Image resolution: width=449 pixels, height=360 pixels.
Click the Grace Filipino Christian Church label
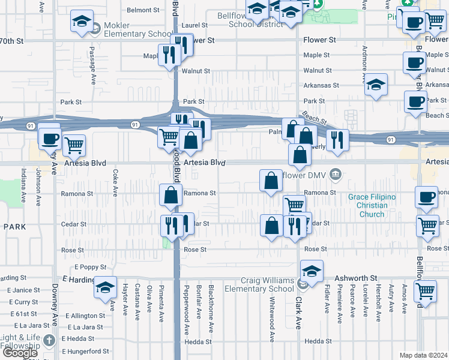368,206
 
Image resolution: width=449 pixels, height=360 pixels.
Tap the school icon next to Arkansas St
376,86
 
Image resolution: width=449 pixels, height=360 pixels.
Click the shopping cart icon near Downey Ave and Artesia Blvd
73,145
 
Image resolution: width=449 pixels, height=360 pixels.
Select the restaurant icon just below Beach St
337,140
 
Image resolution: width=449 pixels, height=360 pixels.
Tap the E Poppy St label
90,267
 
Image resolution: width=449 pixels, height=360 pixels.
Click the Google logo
20,353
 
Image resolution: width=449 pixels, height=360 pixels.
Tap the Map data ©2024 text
423,355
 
